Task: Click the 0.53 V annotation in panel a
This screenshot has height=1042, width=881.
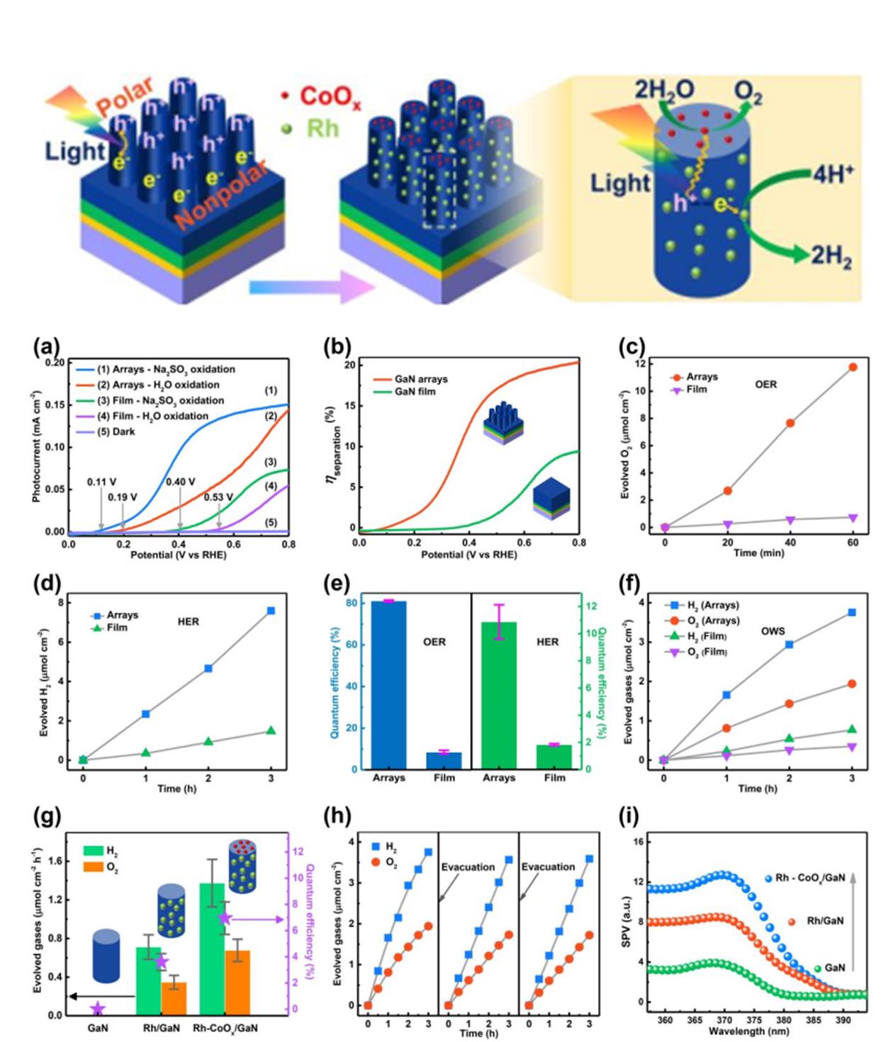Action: coord(218,497)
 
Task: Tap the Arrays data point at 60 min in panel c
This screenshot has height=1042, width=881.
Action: coord(853,367)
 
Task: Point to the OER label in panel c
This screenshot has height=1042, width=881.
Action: coord(765,385)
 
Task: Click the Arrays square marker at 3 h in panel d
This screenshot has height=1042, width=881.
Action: coord(271,611)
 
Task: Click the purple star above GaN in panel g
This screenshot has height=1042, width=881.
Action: coord(98,1008)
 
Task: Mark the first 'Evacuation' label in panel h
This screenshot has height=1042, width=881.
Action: coord(468,867)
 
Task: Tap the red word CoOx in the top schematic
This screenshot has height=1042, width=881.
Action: coord(330,97)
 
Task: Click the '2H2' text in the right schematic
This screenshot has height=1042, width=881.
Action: coord(832,256)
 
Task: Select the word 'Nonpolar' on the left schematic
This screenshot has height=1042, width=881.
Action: coord(221,195)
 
